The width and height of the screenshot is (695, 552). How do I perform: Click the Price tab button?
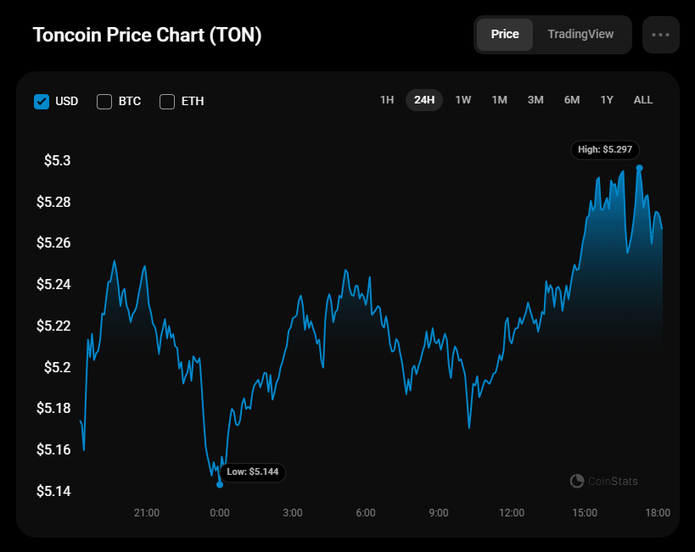point(505,35)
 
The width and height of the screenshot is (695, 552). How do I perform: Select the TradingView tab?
point(580,35)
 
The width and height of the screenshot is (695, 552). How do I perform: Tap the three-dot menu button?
point(661,35)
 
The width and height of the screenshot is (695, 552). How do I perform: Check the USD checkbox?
point(42,102)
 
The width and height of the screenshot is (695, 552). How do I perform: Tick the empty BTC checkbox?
point(104,102)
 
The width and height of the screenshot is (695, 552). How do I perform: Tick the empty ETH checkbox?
point(167,102)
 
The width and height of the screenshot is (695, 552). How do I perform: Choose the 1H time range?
point(387,100)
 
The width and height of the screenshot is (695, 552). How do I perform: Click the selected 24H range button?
point(424,100)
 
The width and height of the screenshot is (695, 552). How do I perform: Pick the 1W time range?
point(463,100)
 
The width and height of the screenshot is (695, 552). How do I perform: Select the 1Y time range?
point(607,100)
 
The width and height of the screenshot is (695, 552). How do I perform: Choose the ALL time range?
point(643,100)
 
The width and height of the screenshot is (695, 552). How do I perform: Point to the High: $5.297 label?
point(605,149)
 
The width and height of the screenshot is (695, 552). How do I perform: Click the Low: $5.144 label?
point(253,471)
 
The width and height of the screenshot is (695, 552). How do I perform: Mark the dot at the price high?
point(639,168)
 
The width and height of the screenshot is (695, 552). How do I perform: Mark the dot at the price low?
point(220,484)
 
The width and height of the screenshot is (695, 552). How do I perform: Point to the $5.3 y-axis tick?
point(58,161)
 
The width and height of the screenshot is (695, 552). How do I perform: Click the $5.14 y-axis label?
point(53,491)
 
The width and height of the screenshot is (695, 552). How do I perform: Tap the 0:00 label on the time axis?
point(220,513)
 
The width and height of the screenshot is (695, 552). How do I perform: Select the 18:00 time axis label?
point(658,513)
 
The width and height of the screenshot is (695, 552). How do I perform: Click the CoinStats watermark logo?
point(577,482)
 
